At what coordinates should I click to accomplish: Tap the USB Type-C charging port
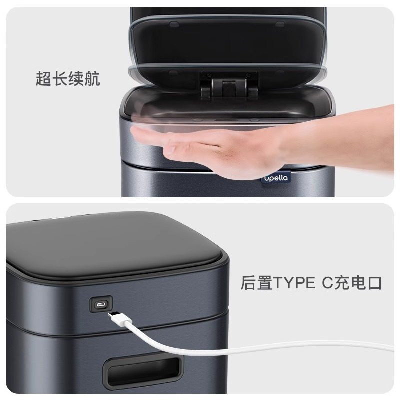[101, 303]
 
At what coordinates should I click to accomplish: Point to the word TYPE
[290, 283]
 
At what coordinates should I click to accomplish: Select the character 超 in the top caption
[44, 79]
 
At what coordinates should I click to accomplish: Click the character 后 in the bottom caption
[249, 283]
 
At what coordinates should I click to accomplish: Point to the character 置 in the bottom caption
[264, 283]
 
